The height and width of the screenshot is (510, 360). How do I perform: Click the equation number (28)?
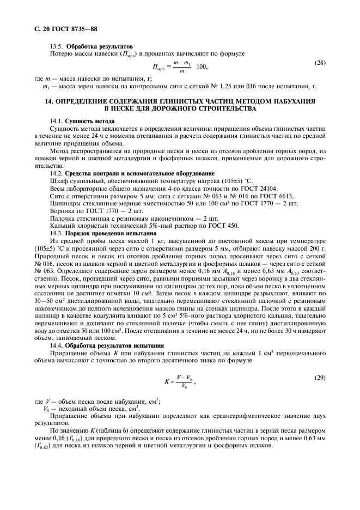pos(320,63)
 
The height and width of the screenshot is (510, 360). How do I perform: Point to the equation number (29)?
pos(320,377)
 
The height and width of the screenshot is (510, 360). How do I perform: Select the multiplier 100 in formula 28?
pos(202,66)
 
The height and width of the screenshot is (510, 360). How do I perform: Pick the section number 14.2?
pos(57,173)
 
